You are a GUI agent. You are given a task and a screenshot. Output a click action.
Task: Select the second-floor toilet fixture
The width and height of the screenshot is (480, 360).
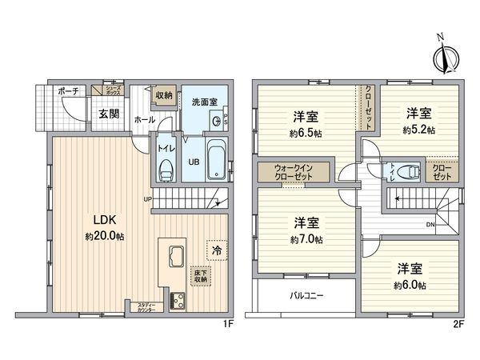409,170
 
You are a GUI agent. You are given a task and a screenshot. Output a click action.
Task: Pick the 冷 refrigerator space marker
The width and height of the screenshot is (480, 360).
216,250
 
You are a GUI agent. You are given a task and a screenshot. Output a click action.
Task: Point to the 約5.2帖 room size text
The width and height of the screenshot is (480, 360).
418,130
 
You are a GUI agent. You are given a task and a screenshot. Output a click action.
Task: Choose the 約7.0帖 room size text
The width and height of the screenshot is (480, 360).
307,239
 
